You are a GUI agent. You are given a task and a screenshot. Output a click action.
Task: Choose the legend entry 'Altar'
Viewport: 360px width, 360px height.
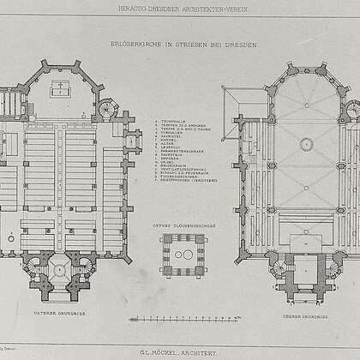pyautogui.click(x=168, y=142)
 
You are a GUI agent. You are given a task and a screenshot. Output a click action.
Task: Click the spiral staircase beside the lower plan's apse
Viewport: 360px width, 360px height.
pyautogui.click(x=107, y=109)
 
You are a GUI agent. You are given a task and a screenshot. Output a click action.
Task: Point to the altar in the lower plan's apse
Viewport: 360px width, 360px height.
pyautogui.click(x=60, y=88)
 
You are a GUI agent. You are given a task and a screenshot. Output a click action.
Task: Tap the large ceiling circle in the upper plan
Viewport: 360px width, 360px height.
pyautogui.click(x=306, y=144)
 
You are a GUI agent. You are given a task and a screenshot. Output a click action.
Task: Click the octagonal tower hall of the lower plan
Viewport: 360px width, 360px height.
pyautogui.click(x=60, y=270)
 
